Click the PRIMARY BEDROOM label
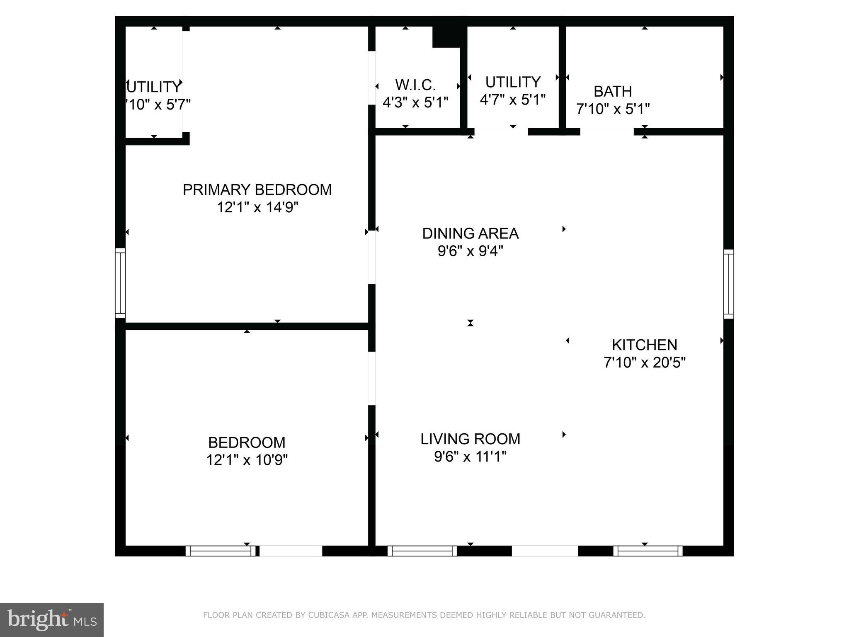(x=257, y=190)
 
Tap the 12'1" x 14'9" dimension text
(x=257, y=207)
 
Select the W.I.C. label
(x=415, y=85)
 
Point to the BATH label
(x=613, y=91)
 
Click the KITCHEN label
(x=645, y=345)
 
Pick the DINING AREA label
(x=470, y=233)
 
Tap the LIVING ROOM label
(x=470, y=439)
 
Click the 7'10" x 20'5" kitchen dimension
(x=645, y=362)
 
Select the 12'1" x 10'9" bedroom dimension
(x=247, y=460)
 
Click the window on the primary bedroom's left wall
(x=120, y=283)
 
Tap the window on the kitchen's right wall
(x=728, y=284)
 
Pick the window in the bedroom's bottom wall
(x=221, y=551)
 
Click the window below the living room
(x=422, y=551)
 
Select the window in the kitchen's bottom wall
(x=648, y=551)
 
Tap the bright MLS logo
(x=52, y=620)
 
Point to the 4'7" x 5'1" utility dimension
(x=513, y=100)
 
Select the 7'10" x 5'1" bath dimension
(x=613, y=109)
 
